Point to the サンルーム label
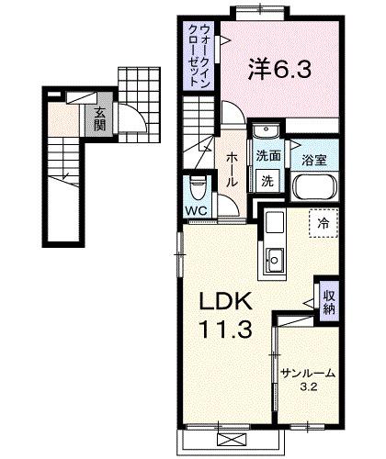pos(307,374)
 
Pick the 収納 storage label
pos(328,302)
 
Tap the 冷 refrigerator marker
pos(323,223)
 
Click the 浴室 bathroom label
pos(314,160)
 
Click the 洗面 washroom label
pos(268,156)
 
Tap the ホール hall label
pos(233,171)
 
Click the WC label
pos(196,210)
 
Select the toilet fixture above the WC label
pos(196,187)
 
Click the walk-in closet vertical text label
pos(199,58)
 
